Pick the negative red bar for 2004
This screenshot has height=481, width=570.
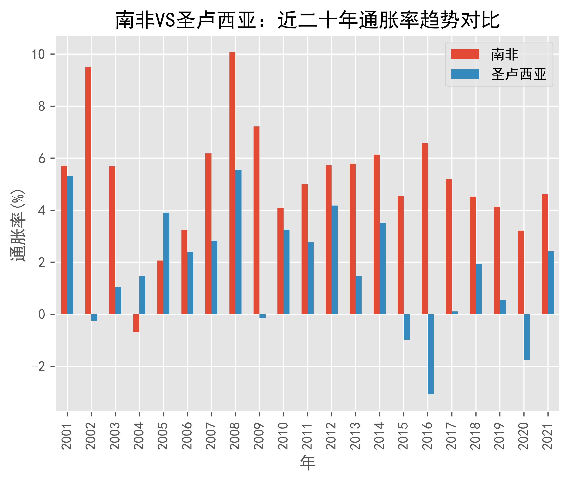coord(136,323)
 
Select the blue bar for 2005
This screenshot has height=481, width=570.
coord(166,263)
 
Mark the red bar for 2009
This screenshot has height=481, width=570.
coord(256,220)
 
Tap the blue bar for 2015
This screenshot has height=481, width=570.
coord(407,327)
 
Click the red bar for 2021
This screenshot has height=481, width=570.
coord(545,254)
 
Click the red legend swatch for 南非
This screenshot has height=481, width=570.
coord(465,54)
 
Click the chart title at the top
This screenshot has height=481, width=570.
coord(307,20)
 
